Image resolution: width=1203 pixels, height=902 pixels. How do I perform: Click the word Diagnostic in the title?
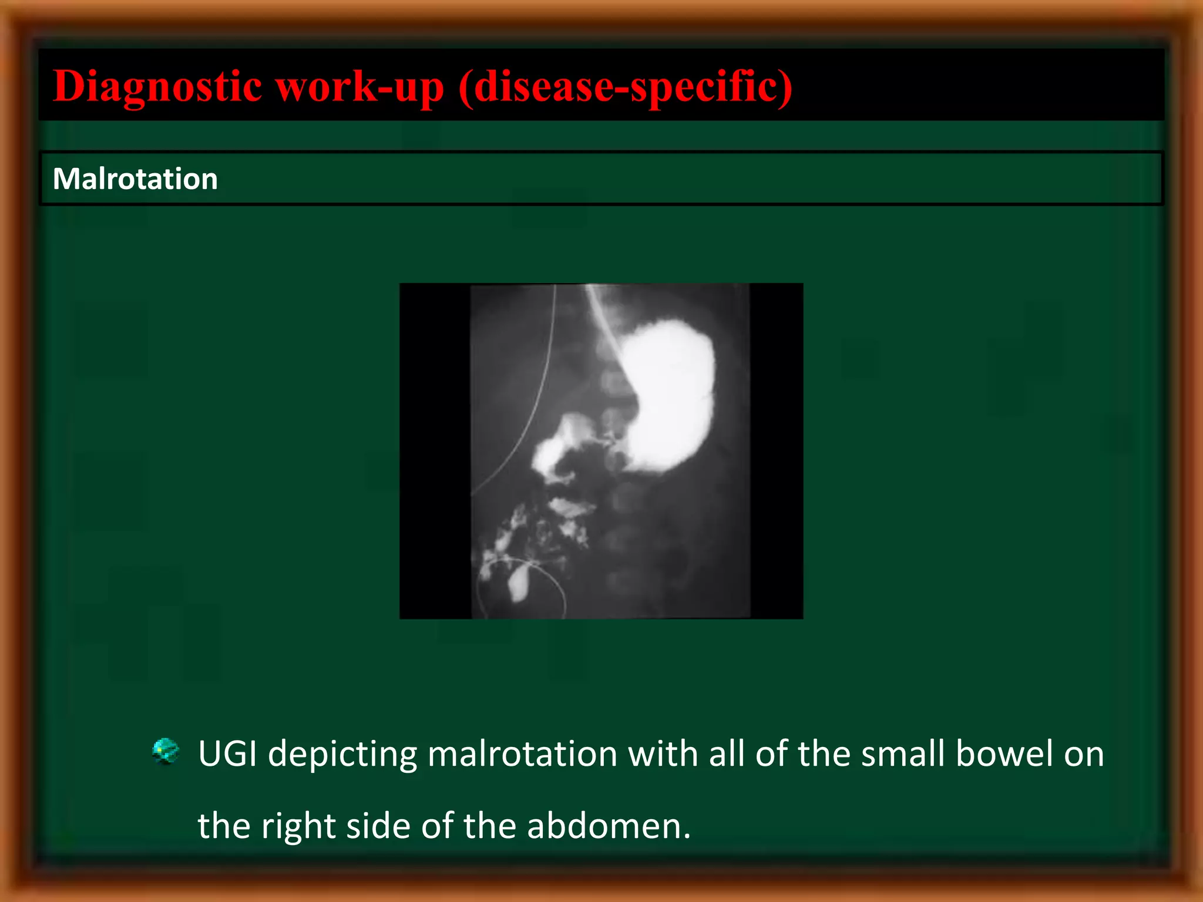(157, 86)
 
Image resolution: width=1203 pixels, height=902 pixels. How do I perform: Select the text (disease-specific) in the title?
(626, 86)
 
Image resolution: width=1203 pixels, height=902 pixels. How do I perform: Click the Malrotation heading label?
(135, 179)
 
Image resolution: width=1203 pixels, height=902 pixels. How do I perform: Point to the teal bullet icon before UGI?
(165, 751)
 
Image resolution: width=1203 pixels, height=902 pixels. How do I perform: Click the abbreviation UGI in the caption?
(227, 753)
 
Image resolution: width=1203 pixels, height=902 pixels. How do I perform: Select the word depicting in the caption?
(342, 753)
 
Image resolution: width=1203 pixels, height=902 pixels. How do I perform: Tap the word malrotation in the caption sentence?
(522, 753)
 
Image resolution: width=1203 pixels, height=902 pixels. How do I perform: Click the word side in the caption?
(378, 826)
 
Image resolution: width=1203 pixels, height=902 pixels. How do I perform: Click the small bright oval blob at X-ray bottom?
(519, 583)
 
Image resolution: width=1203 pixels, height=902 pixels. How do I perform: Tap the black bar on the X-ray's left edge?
(434, 450)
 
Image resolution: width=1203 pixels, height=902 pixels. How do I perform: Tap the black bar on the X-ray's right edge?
(776, 450)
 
